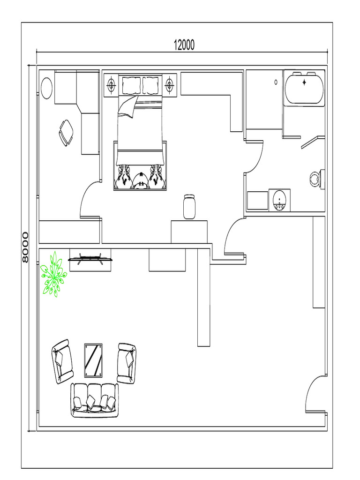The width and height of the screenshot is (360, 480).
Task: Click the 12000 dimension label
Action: pyautogui.click(x=184, y=45)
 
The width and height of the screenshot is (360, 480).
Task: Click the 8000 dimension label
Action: pyautogui.click(x=25, y=247)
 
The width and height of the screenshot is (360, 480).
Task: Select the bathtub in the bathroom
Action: pyautogui.click(x=304, y=88)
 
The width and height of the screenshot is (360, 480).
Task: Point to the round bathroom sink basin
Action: pyautogui.click(x=279, y=200)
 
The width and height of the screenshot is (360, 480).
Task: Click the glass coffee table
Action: pyautogui.click(x=93, y=360)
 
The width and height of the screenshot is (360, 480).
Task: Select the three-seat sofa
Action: pyautogui.click(x=95, y=400)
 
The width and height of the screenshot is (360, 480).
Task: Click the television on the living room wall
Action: pyautogui.click(x=90, y=258)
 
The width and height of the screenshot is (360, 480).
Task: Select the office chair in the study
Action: pyautogui.click(x=66, y=132)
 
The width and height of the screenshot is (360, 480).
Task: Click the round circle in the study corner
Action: pyautogui.click(x=47, y=88)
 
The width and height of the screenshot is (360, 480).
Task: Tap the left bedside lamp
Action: pyautogui.click(x=112, y=85)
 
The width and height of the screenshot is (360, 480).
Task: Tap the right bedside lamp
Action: pyautogui.click(x=170, y=85)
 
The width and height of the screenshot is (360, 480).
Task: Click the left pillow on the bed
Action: pyautogui.click(x=131, y=85)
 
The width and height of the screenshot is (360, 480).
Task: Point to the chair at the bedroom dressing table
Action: pyautogui.click(x=189, y=207)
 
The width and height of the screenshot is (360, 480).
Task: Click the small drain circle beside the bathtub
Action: pyautogui.click(x=276, y=82)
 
